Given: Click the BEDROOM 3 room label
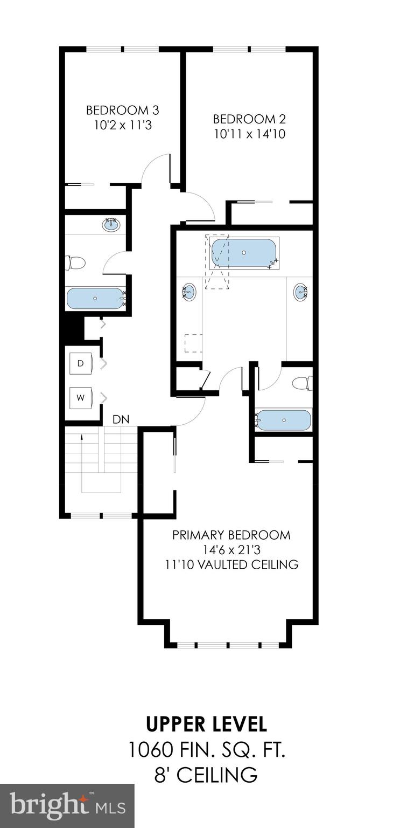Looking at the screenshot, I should [123, 111].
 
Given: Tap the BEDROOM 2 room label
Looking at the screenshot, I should [249, 119].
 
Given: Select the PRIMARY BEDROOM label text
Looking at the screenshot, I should [231, 535].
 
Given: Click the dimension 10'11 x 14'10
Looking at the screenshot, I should [249, 134].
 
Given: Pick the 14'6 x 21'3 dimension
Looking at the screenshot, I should [231, 550].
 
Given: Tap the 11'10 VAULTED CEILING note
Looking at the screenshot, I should [231, 564].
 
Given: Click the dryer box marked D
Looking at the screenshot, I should [81, 364].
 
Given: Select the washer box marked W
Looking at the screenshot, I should [81, 398].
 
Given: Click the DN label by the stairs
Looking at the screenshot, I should [120, 419].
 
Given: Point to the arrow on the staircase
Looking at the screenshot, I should [81, 438].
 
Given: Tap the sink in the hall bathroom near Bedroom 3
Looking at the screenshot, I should [111, 225].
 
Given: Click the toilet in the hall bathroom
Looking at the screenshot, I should [75, 263].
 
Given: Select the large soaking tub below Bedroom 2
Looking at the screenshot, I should [244, 252].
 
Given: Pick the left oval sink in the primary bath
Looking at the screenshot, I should [189, 292].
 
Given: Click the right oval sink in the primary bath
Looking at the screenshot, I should [300, 292].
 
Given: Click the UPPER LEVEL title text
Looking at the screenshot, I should [207, 724].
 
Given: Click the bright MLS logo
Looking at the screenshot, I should [67, 806].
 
